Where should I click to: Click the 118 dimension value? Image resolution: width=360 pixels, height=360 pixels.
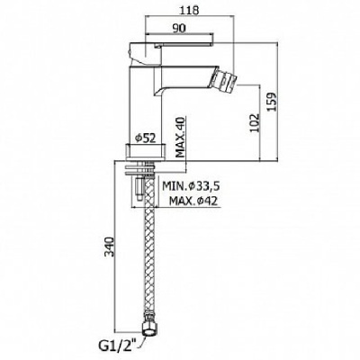coord(190,11)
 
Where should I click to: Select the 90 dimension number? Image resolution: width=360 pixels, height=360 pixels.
coord(179,28)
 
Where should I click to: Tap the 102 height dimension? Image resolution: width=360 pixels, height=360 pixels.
coord(255,122)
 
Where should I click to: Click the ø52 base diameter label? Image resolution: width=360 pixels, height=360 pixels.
coord(146,138)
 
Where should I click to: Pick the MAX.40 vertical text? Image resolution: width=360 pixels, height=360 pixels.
coord(181,138)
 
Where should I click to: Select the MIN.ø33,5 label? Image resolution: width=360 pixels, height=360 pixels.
coord(192,186)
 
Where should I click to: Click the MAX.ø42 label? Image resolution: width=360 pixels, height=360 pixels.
coord(193,201)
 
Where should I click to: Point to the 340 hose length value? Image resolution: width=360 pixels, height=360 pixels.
coord(110,247)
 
